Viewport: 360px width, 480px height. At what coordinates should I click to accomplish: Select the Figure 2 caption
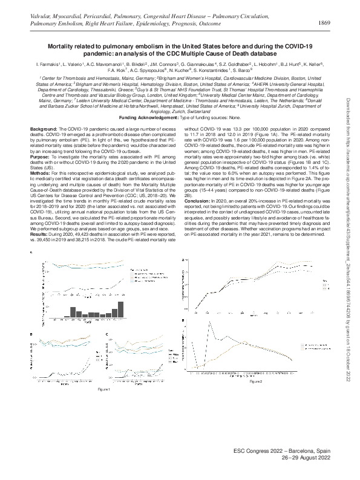click(255, 382)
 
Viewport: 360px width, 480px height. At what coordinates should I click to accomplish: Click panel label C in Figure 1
click(107, 333)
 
